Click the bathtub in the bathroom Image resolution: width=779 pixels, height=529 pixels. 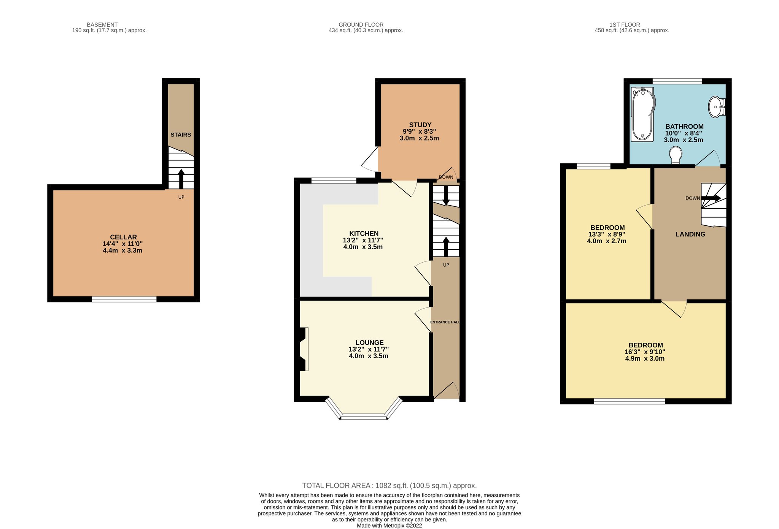642,114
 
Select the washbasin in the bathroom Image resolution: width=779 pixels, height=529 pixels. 717,107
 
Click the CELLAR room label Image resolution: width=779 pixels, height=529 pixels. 123,237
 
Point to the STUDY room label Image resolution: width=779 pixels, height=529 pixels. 420,125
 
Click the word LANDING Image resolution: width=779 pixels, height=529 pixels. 690,234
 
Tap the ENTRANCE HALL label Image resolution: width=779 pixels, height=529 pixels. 445,322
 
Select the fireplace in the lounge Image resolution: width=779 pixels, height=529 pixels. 303,349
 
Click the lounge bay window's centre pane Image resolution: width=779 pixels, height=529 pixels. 364,417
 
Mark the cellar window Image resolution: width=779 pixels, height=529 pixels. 124,299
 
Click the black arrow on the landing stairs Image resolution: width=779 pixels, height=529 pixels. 711,198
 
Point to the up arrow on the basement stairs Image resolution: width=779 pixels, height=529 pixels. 181,179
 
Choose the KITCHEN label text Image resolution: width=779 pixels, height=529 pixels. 364,234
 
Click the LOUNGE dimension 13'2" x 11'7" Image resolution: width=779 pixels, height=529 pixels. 369,349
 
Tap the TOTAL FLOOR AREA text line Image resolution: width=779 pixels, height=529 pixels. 389,486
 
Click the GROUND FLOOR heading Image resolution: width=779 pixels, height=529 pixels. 361,25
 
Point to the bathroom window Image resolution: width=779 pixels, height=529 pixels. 677,81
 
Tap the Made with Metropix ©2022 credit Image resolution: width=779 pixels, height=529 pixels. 389,526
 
